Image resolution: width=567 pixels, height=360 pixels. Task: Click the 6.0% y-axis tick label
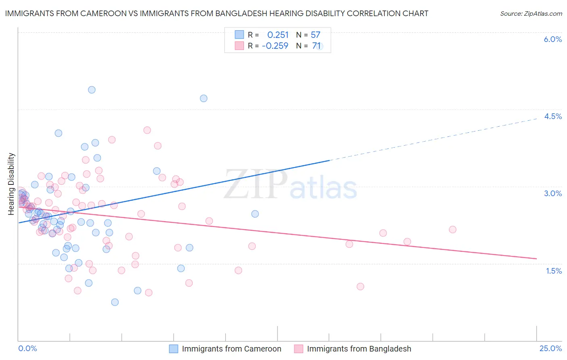(552, 39)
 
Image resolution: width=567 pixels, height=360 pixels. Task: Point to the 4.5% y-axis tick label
(552, 116)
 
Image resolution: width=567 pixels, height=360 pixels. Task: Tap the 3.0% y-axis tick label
(552, 193)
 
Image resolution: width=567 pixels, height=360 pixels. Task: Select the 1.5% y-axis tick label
(553, 271)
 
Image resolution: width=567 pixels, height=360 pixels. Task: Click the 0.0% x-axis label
(27, 348)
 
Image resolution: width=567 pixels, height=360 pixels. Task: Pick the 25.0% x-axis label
(550, 348)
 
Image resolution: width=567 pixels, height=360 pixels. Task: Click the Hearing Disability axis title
(11, 184)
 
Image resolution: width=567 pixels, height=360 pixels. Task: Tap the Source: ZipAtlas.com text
(531, 13)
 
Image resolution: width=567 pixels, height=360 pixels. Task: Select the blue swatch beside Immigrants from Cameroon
(173, 349)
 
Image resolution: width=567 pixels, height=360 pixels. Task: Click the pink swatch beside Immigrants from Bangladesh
(298, 349)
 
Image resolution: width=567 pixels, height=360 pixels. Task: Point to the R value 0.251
(278, 35)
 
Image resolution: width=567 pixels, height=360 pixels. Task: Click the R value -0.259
(275, 46)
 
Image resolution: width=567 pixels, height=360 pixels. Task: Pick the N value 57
(315, 35)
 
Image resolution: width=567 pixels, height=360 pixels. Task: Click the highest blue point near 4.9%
(92, 90)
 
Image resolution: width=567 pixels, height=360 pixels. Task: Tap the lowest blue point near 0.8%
(115, 302)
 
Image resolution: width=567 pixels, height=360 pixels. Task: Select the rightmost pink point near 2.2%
(452, 230)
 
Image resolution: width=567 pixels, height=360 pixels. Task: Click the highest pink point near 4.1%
(147, 130)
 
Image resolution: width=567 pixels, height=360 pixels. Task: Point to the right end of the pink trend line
(536, 258)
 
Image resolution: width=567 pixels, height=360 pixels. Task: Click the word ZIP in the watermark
(255, 185)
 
